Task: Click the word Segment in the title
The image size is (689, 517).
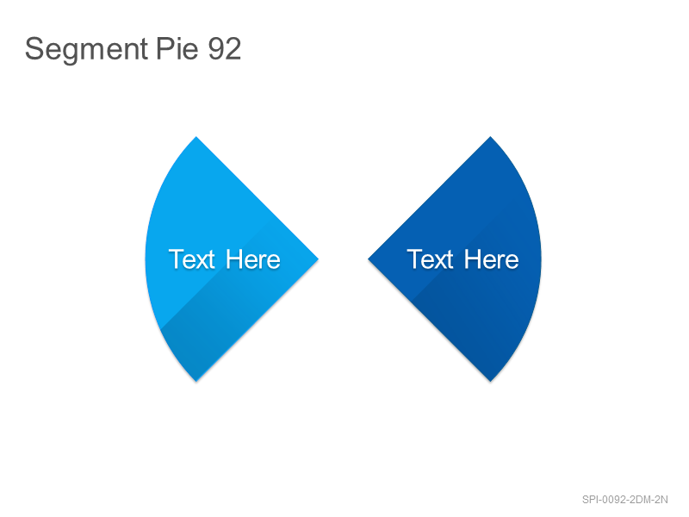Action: coord(86,49)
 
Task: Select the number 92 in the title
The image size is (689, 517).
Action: coord(225,48)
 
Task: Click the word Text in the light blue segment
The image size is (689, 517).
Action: coord(191,259)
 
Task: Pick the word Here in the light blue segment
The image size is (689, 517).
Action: coord(252,259)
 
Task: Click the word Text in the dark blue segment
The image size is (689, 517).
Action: coord(430,259)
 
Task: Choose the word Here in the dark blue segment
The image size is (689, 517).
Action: coord(491,259)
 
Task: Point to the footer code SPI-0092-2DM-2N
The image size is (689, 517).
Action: coord(625,500)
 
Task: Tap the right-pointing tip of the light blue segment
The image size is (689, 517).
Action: coord(318,259)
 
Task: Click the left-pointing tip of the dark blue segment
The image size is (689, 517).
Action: coord(369,259)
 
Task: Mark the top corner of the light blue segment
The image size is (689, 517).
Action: coord(196,137)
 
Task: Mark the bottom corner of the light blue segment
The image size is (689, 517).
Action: coord(196,381)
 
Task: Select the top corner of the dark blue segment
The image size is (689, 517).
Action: coord(490,137)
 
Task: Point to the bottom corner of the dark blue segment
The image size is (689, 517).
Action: coord(490,381)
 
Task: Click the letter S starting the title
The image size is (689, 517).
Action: coord(34,48)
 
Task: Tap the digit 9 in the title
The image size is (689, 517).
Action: coord(216,48)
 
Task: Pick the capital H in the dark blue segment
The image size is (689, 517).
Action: coord(472,259)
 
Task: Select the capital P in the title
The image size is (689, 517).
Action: coord(164,48)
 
